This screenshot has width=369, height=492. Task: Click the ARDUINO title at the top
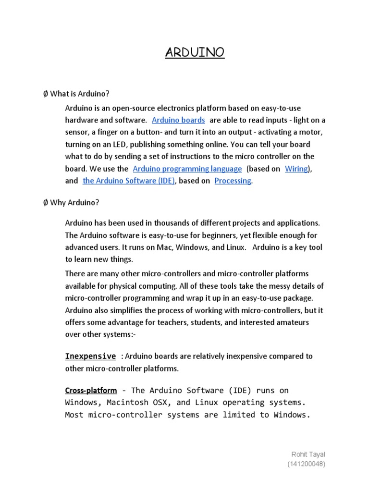(195, 52)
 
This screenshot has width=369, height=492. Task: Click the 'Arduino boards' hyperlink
(178, 120)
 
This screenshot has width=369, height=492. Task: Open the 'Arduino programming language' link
(187, 169)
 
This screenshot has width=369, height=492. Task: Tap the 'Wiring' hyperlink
(296, 169)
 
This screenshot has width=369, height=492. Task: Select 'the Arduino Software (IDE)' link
(129, 181)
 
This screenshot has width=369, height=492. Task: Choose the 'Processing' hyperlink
(233, 181)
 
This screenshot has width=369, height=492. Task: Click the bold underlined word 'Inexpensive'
(90, 356)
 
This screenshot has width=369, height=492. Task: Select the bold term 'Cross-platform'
(91, 390)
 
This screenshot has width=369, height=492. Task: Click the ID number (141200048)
(306, 464)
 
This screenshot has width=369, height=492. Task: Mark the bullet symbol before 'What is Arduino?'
(45, 94)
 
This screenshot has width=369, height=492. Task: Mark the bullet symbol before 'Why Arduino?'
(45, 202)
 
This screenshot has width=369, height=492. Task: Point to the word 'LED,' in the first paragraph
(119, 144)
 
